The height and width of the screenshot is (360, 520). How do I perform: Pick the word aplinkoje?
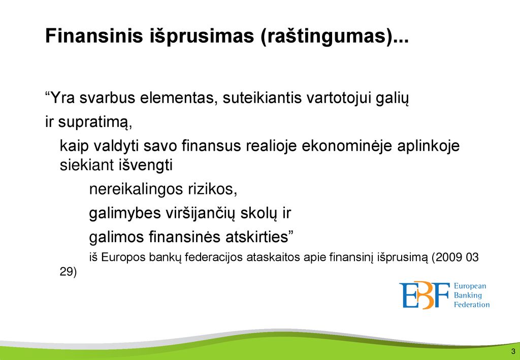(429, 147)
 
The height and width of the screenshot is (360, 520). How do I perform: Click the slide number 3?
(513, 352)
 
